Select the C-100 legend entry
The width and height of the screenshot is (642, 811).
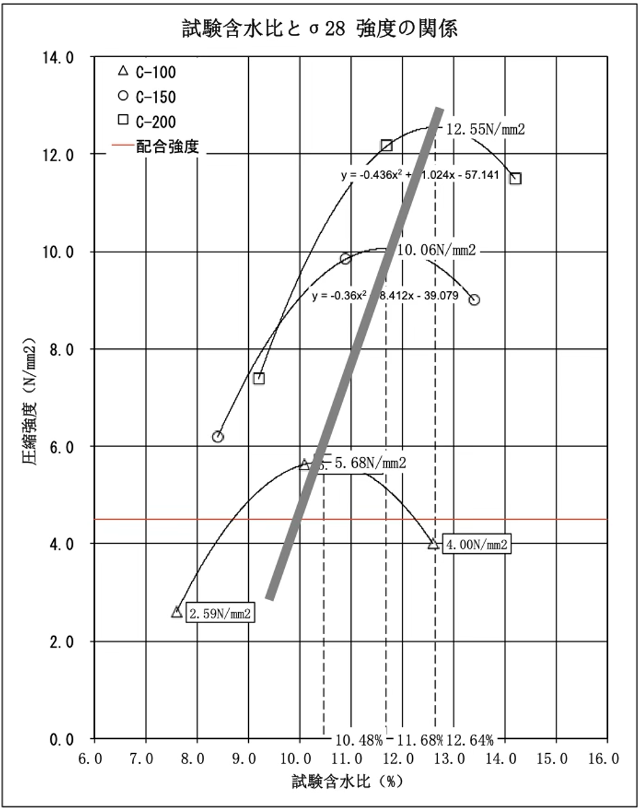[148, 71]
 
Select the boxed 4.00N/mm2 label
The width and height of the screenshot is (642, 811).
[476, 544]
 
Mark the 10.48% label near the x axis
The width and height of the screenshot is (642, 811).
[358, 740]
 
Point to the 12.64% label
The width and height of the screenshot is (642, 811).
[471, 740]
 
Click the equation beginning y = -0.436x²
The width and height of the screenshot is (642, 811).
[420, 176]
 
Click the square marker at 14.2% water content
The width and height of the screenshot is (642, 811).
[516, 178]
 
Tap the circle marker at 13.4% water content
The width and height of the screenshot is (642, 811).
[475, 299]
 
